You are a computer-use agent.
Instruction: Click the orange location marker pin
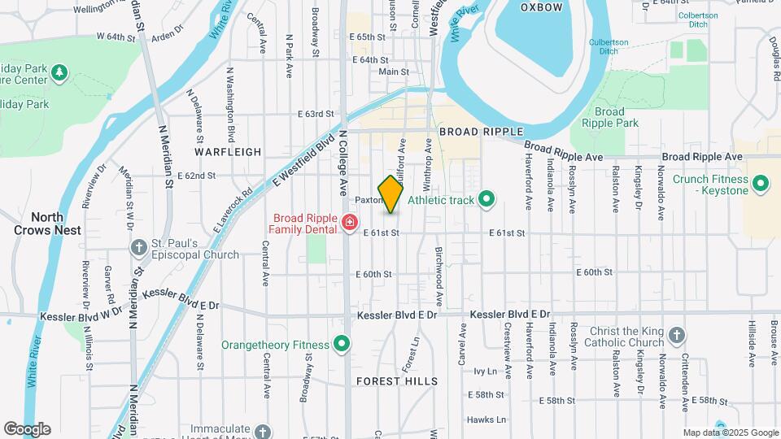click(x=391, y=194)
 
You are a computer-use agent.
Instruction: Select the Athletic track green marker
click(x=486, y=199)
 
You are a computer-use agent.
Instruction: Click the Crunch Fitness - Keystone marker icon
click(x=761, y=184)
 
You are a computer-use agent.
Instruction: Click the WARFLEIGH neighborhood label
click(x=228, y=152)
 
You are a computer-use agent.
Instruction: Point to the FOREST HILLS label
click(x=397, y=381)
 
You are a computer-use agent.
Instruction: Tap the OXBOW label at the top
click(x=541, y=7)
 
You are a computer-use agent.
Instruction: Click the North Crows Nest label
click(x=47, y=224)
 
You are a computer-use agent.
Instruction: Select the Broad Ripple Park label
click(x=610, y=117)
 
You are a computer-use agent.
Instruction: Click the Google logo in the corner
click(x=27, y=428)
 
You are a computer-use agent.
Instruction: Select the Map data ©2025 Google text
click(x=731, y=432)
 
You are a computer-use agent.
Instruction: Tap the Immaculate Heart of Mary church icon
click(x=262, y=431)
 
